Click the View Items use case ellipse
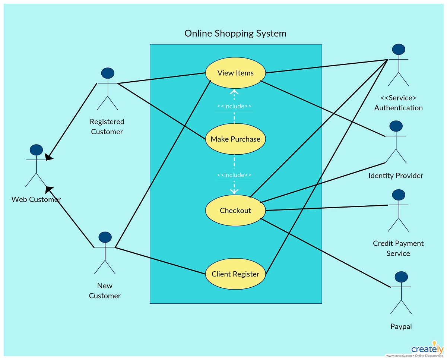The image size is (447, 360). pos(235,73)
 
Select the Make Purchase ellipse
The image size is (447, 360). pos(235,139)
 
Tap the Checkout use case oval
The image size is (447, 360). pos(235,211)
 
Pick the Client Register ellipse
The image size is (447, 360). pos(235,274)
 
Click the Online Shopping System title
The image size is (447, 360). pos(235,33)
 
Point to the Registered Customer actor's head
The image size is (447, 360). pos(107,73)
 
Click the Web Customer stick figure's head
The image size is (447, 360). pos(36,150)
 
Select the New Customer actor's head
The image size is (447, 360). pos(105,237)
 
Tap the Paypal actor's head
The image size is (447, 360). pos(401,277)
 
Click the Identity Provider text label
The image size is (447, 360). pos(396,176)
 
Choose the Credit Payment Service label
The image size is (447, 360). pos(398,248)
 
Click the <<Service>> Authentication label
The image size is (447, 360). pos(398,103)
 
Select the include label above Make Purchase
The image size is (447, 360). pos(234,107)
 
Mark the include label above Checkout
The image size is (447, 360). pos(234,175)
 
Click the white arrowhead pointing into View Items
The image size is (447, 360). pos(234,92)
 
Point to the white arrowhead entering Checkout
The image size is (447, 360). pos(234,191)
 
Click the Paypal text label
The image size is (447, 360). pos(401,326)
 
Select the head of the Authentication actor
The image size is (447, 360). pos(399,50)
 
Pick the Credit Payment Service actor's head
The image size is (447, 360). pos(399,195)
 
